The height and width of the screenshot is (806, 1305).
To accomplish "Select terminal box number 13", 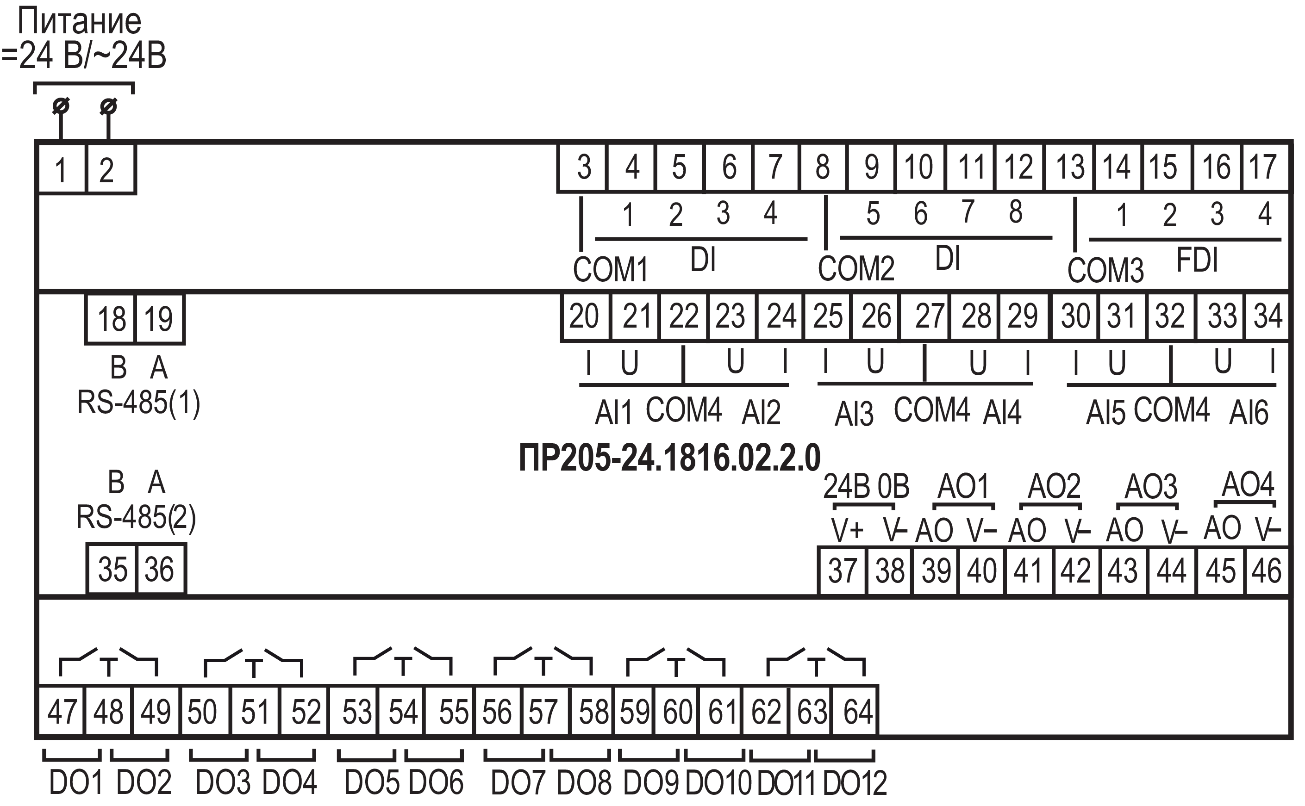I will point(1070,167).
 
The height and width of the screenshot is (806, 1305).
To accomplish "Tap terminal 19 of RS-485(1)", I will point(159,319).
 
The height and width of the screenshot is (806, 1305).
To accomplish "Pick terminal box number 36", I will point(160,569).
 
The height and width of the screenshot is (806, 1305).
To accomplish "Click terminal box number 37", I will point(842,570).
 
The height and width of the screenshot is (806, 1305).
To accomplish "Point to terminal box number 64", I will point(857,711).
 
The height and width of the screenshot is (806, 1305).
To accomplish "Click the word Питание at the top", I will point(80,22).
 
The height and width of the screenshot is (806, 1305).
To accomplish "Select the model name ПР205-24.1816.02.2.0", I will point(669,458).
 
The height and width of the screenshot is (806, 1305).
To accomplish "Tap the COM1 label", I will point(610,269).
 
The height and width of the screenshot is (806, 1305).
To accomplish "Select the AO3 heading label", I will point(1151,486).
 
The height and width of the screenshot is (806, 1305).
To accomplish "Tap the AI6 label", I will point(1249,413).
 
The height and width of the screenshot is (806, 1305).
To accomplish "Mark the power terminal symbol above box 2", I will point(109,106).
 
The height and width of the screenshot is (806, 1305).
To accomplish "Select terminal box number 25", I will point(828,316).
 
